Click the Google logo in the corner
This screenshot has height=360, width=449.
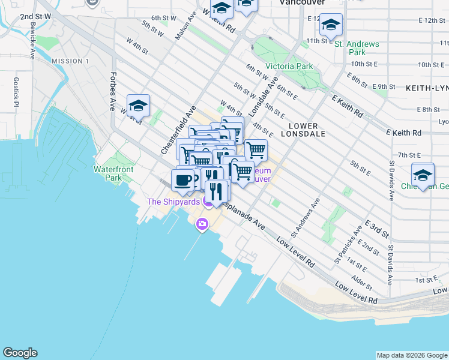(20, 353)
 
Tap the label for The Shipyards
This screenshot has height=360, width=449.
(173, 202)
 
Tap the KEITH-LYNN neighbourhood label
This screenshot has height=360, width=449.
(427, 88)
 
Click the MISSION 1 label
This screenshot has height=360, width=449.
(70, 61)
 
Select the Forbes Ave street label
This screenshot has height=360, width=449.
(112, 92)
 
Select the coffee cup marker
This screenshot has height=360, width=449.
(182, 179)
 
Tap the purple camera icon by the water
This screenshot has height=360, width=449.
(202, 224)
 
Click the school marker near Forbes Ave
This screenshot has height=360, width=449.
(138, 106)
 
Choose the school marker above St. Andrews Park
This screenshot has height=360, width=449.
(331, 25)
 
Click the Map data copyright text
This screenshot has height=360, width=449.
(411, 355)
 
